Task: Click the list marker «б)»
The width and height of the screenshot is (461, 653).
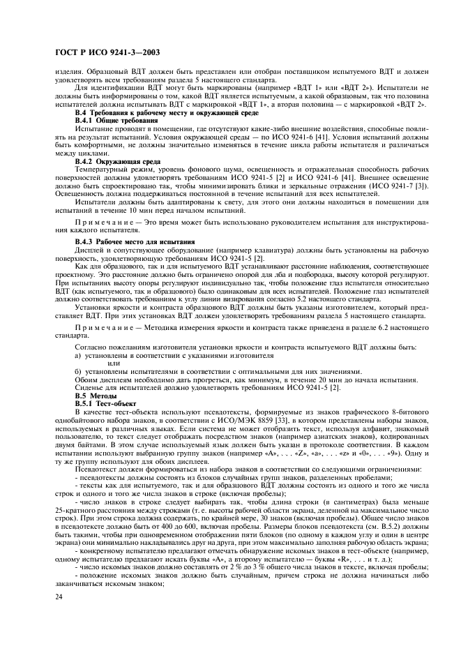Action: pyautogui.click(x=77, y=370)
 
